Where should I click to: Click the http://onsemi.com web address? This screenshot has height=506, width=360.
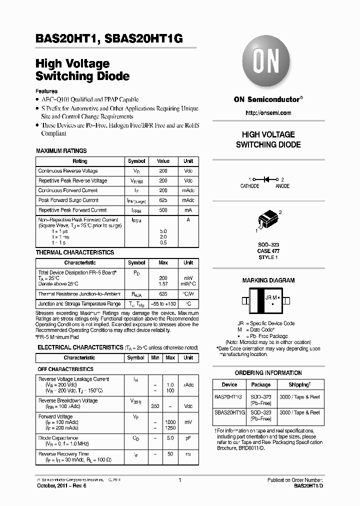coord(268,113)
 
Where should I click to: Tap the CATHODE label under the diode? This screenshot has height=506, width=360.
coord(249,186)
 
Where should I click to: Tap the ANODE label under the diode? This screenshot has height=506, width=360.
coord(282,186)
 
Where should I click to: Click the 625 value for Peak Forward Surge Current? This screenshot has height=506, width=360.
coord(163,200)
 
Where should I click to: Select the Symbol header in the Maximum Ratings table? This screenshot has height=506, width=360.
coord(136,161)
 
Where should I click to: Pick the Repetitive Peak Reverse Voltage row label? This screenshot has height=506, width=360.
coord(72,180)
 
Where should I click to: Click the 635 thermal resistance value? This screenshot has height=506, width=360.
coord(163,294)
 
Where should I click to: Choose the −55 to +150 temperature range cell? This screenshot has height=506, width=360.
coord(163,304)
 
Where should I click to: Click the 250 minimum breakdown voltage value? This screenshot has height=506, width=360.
coord(155,406)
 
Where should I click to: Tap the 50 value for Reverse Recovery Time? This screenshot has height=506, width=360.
coord(170,454)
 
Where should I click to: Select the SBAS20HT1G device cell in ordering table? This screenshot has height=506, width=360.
coord(229,412)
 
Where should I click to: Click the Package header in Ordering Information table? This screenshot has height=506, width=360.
coord(260,384)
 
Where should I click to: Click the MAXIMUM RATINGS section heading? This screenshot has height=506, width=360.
coord(61,150)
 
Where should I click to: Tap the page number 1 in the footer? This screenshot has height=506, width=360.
coord(179,480)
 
